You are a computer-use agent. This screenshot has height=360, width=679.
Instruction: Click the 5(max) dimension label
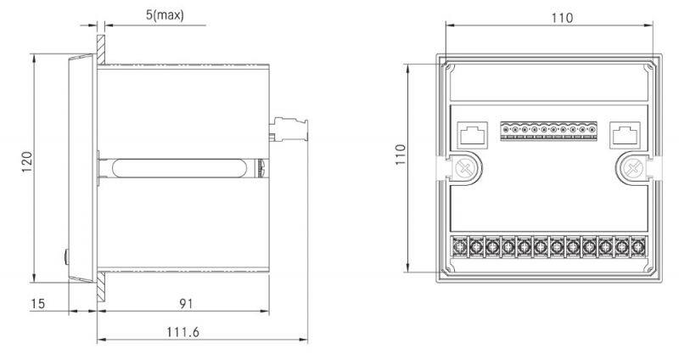point(164,15)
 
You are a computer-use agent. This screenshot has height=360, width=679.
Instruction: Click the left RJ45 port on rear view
point(470,134)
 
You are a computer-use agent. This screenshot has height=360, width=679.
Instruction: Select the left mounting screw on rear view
point(464,168)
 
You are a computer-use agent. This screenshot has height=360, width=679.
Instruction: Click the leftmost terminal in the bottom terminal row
point(463,247)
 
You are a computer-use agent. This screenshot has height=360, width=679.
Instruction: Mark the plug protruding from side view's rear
point(289,130)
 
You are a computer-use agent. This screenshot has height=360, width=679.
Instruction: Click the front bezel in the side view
point(81,168)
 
